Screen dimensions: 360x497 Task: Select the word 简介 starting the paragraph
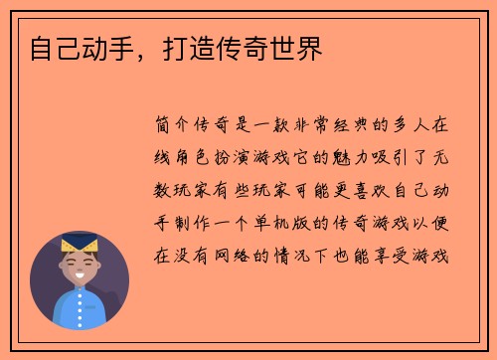pos(175,127)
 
